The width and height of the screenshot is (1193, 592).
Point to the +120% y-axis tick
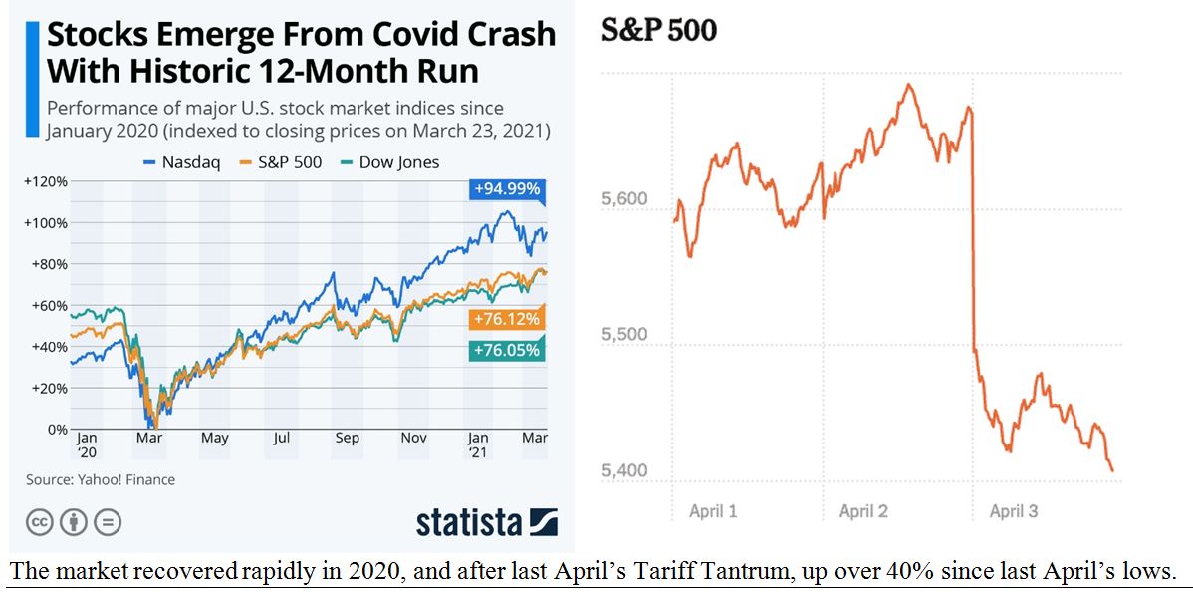[45, 181]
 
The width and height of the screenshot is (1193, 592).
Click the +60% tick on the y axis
[48, 305]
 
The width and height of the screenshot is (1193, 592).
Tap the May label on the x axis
[214, 438]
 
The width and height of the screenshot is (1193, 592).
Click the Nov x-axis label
[413, 438]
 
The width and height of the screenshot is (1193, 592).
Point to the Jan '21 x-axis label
[479, 444]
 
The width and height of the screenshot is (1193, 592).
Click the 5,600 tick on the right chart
[624, 199]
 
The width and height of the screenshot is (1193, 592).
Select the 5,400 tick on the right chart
[624, 470]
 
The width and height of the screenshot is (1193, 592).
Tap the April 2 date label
[863, 511]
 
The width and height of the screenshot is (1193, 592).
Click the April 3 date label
[1013, 511]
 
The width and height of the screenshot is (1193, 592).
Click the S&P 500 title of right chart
[658, 31]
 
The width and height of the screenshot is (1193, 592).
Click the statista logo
[486, 522]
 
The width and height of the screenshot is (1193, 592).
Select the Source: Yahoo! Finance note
[101, 479]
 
